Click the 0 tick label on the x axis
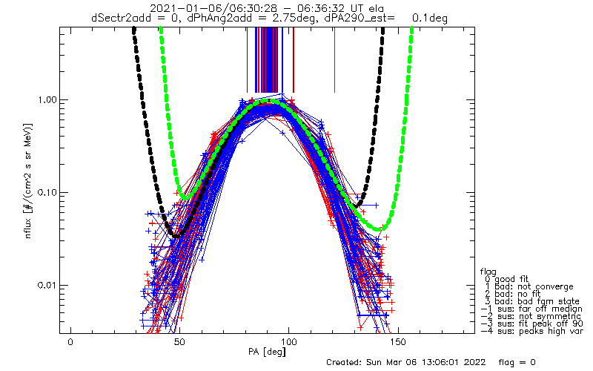pyautogui.click(x=70, y=342)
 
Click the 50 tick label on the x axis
pyautogui.click(x=179, y=342)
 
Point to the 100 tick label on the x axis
pyautogui.click(x=288, y=342)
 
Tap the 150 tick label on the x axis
pyautogui.click(x=397, y=342)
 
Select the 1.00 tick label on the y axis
pyautogui.click(x=47, y=100)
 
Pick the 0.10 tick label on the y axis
pyautogui.click(x=47, y=192)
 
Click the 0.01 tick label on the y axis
pyautogui.click(x=47, y=285)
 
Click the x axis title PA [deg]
pyautogui.click(x=267, y=352)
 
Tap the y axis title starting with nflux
pyautogui.click(x=28, y=180)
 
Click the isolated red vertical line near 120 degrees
pyautogui.click(x=334, y=60)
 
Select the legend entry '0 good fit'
pyautogui.click(x=507, y=280)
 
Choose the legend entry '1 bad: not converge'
pyautogui.click(x=529, y=286)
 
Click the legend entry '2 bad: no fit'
pyautogui.click(x=513, y=294)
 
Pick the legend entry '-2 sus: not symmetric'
pyautogui.click(x=531, y=316)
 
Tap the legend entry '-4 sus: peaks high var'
pyautogui.click(x=531, y=331)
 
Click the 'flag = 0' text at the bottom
pyautogui.click(x=517, y=362)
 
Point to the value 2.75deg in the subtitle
pyautogui.click(x=294, y=18)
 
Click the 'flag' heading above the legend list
pyautogui.click(x=488, y=272)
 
